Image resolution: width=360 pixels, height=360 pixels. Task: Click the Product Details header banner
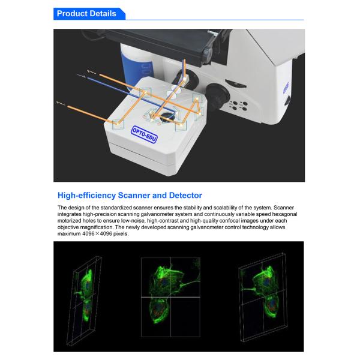87,13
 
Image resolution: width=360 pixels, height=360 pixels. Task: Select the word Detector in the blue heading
182,195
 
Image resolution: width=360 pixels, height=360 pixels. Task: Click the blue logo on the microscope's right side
286,88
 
